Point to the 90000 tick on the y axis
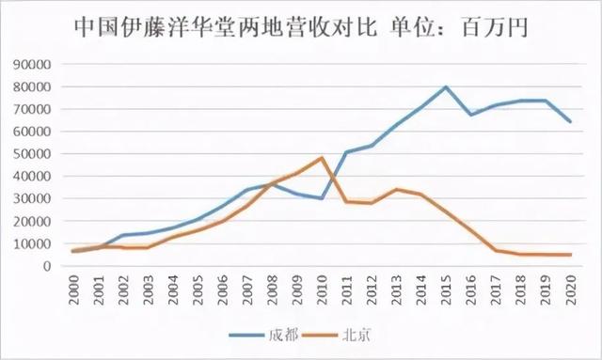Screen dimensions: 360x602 [x=32, y=64]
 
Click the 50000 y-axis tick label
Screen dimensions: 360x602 [x=32, y=153]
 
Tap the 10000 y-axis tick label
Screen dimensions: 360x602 [x=32, y=243]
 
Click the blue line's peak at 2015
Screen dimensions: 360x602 [x=446, y=86]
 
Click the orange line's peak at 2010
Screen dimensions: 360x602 [x=323, y=158]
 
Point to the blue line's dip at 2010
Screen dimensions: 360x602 [x=323, y=198]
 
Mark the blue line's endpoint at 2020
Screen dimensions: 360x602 [x=570, y=121]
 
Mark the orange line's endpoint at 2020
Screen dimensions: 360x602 [x=570, y=255]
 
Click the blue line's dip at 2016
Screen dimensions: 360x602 [x=471, y=115]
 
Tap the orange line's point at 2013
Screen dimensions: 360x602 [x=397, y=189]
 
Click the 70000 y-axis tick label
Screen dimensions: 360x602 [x=32, y=109]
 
